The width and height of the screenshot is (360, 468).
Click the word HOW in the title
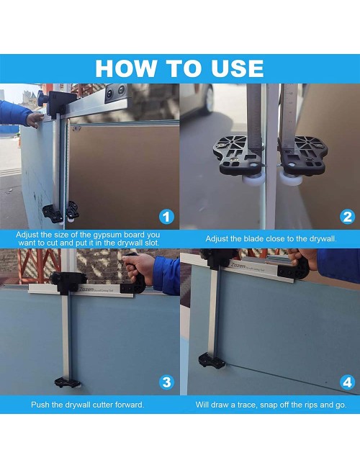pos(125,68)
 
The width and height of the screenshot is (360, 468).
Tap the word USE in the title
pos(238,68)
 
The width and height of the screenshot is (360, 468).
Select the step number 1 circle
pos(166,217)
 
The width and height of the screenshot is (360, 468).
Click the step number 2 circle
pos(347,217)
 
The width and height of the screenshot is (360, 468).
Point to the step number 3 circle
pos(166,382)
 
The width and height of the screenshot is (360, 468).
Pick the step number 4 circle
pos(347,382)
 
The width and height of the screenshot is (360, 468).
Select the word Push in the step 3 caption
pos(38,405)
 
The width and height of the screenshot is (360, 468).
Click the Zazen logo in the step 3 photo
pos(86,289)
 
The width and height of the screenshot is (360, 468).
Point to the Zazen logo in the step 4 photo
pos(238,266)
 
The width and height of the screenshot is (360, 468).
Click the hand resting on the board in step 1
pos(35,120)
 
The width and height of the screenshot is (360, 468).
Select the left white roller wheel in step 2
pos(253,181)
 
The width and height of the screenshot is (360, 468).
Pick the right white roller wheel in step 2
pos(290,179)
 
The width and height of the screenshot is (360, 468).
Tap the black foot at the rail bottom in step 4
pos(212,361)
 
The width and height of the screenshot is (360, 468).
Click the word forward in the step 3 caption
pos(130,405)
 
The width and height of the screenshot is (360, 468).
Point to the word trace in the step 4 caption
pos(247,405)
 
